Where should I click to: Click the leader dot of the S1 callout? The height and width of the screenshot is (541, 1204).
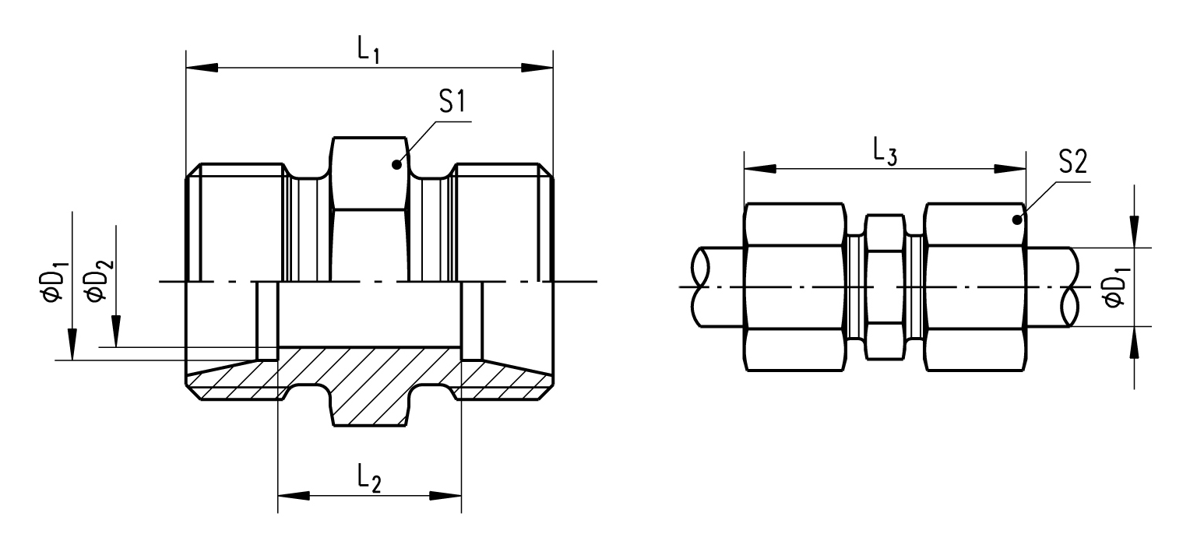click(396, 163)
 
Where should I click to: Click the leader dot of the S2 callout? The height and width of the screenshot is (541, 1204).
click(1017, 220)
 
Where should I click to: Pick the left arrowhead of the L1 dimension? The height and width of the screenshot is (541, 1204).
click(201, 68)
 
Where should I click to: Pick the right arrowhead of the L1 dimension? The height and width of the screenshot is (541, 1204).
click(537, 68)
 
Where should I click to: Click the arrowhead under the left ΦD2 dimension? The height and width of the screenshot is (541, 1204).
click(115, 332)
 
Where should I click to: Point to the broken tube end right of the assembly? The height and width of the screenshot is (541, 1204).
click(1070, 286)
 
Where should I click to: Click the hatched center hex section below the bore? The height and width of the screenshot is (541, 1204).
click(370, 389)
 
